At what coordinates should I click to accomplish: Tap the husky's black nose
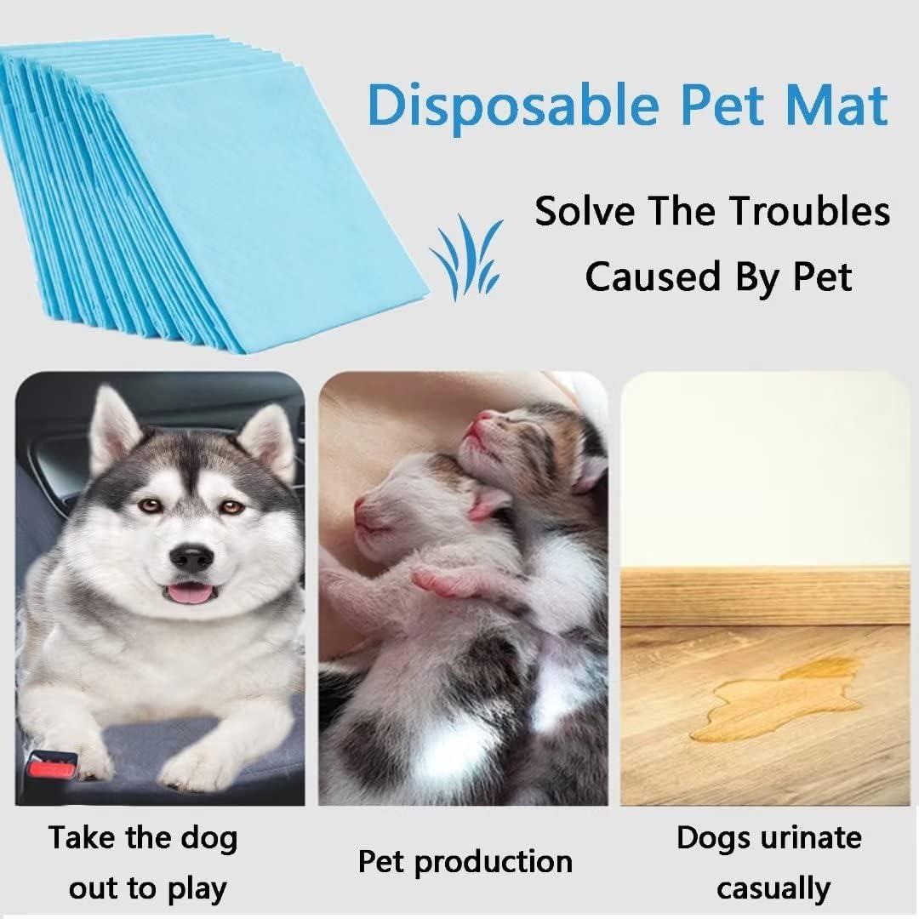point(191,557)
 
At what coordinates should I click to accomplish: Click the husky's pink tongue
point(191,593)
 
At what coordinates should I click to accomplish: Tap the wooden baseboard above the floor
point(765,596)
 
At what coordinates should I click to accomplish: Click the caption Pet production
point(465,861)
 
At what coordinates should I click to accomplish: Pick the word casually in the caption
point(773,888)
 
